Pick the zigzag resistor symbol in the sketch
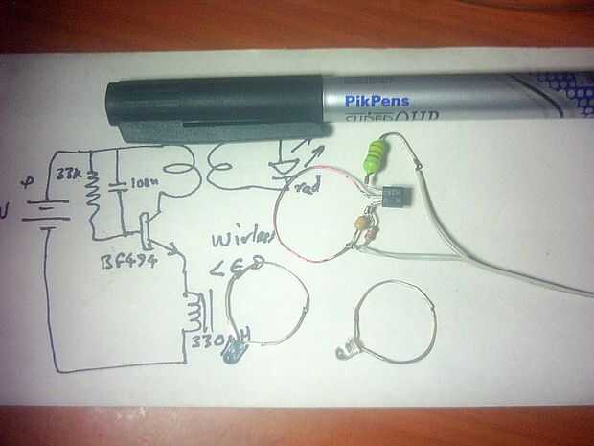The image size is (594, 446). [93, 191]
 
